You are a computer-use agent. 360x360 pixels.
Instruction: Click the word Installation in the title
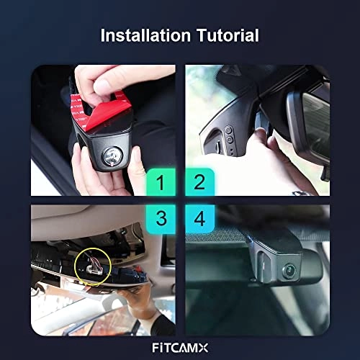coord(145,35)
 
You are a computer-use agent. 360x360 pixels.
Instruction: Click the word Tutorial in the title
coord(228,35)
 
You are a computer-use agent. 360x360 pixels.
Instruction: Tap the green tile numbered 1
coord(161,182)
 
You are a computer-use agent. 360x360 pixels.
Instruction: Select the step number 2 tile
coord(199,182)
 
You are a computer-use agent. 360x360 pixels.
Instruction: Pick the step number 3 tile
coord(161,219)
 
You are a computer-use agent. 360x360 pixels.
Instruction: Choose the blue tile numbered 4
coord(199,219)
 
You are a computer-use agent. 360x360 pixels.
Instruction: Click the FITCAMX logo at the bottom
coord(180,348)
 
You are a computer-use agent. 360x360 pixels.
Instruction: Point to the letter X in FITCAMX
coord(202,348)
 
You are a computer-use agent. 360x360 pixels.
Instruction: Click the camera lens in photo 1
coord(112,156)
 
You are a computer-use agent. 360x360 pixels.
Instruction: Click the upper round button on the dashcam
coord(228,130)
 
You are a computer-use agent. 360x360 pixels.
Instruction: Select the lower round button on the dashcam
coord(230,140)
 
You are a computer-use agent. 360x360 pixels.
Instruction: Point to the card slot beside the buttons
coord(218,147)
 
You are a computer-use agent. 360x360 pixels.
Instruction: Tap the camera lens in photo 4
coord(289,271)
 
